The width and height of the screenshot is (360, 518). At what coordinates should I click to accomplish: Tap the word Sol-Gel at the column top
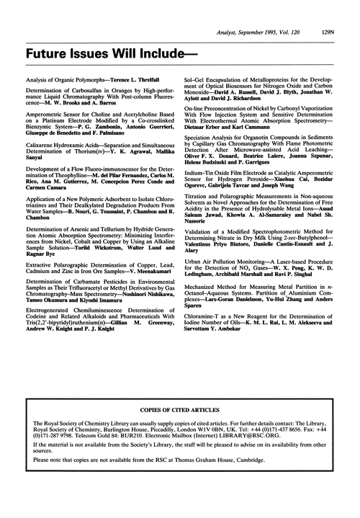pyautogui.click(x=197, y=76)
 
